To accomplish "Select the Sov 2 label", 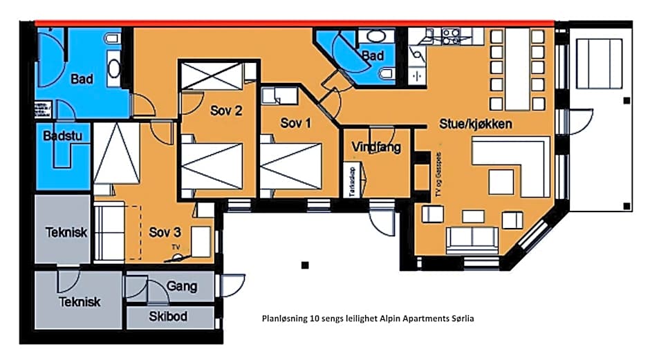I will click(x=226, y=110).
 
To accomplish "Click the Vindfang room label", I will click(x=376, y=147).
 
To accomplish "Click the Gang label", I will click(x=182, y=285).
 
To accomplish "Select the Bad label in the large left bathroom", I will click(x=82, y=79).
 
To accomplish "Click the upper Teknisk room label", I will click(x=66, y=231).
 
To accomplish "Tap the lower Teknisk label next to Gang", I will click(x=80, y=301).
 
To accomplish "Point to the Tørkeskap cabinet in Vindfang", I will click(x=349, y=181).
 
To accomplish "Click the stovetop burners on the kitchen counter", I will click(x=451, y=35).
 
